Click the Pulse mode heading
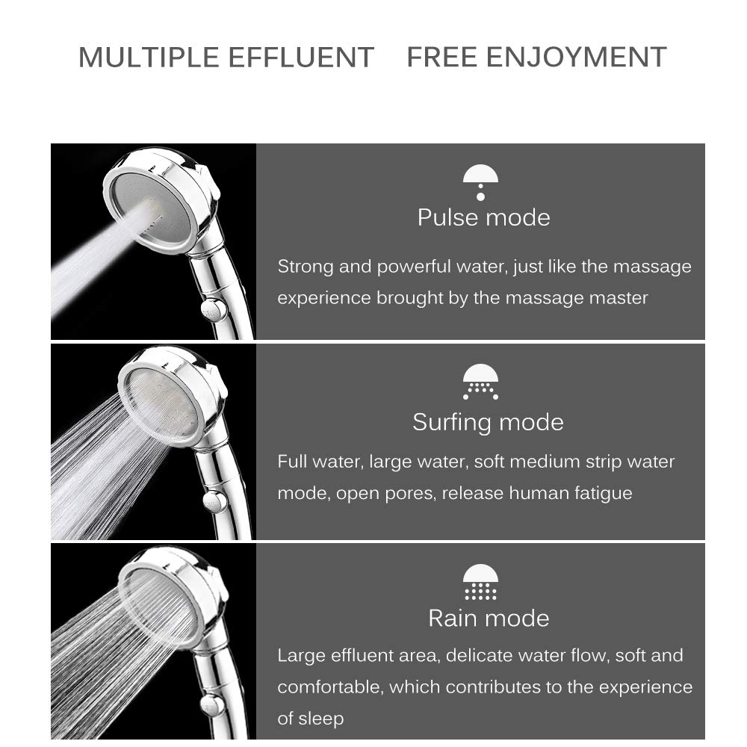tap(483, 217)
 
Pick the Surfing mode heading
tap(487, 422)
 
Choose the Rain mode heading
tap(489, 618)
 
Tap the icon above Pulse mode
tap(480, 182)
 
